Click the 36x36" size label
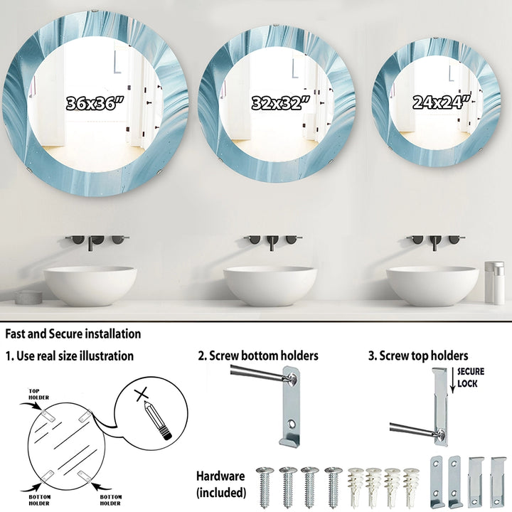click(x=95, y=103)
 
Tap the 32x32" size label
click(x=281, y=103)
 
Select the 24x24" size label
click(x=442, y=102)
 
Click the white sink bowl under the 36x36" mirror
click(x=90, y=286)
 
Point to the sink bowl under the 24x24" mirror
click(x=432, y=286)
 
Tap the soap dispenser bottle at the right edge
click(x=494, y=283)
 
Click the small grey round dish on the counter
click(x=28, y=297)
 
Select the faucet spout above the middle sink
click(x=272, y=243)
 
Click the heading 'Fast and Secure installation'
click(x=73, y=334)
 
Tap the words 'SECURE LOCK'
click(x=471, y=377)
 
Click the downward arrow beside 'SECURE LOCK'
click(x=452, y=380)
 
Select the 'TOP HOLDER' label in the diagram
click(x=38, y=394)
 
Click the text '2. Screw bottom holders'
click(x=258, y=356)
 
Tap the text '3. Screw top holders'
click(x=418, y=356)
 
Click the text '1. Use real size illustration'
click(x=70, y=356)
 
